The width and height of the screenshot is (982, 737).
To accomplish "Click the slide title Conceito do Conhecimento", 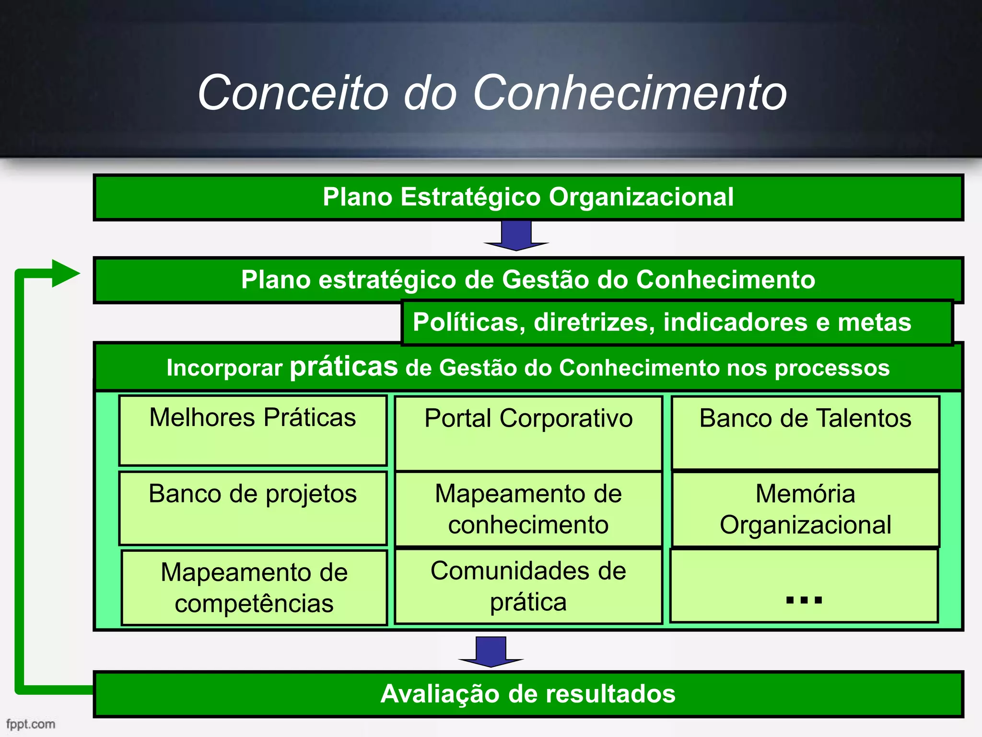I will point(492,93).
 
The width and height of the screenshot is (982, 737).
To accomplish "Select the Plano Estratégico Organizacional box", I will point(528,197).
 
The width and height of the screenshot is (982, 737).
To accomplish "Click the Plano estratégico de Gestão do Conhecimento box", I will point(528,280).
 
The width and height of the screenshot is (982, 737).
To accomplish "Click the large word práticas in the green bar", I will point(344,367).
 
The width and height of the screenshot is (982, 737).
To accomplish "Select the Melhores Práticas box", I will point(253,430).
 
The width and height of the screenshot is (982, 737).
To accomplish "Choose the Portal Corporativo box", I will point(528,433).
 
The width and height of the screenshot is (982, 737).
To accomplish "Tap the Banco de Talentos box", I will point(805,432).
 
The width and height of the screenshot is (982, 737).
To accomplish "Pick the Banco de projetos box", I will point(253,508).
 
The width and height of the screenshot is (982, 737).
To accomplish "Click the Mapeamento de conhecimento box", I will point(528,509).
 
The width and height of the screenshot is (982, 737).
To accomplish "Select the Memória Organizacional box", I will point(805,509).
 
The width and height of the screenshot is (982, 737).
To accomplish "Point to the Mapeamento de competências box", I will point(254,587).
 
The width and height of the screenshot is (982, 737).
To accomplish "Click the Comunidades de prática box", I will point(528,586).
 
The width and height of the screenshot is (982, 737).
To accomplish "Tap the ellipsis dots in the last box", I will point(804,600).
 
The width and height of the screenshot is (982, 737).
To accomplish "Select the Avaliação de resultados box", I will point(528,694).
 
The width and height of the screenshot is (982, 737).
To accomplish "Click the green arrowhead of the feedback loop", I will point(65,273).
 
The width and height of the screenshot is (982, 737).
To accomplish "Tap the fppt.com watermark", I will point(31,724).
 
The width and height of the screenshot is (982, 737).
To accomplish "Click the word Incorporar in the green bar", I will point(224,368).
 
